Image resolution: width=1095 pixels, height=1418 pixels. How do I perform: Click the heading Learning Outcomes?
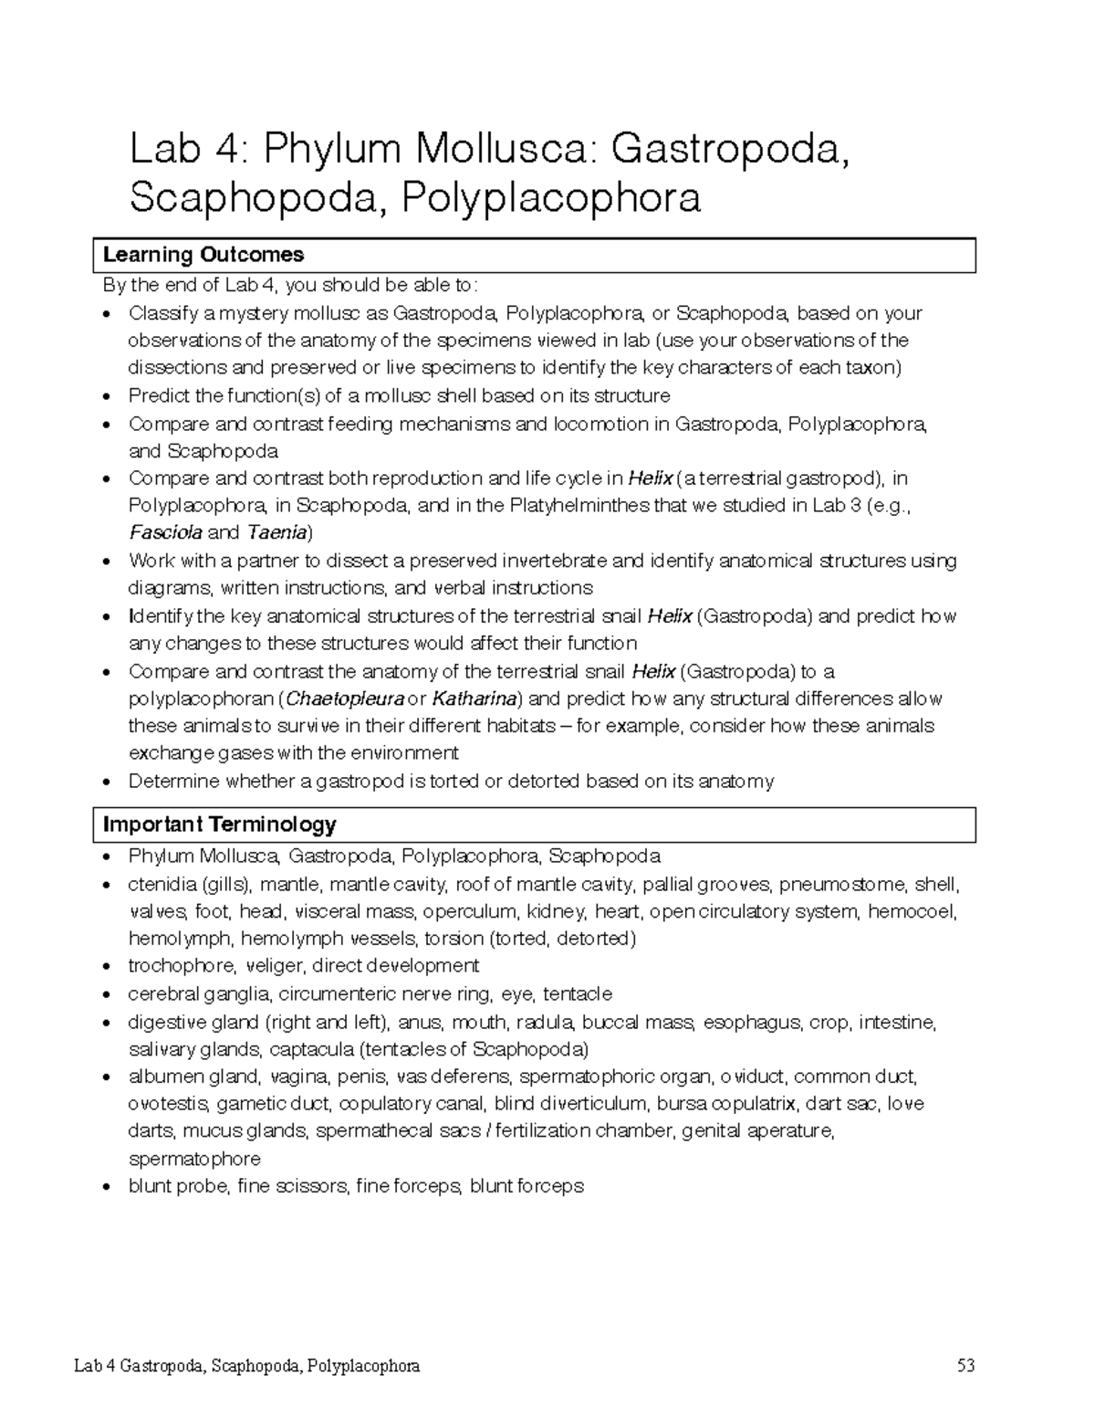[x=203, y=255]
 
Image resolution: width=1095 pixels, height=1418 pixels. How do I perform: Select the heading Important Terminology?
[x=219, y=825]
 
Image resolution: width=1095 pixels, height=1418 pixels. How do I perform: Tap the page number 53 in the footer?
[x=965, y=1366]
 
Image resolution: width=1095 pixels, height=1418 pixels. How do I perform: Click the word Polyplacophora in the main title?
[x=551, y=197]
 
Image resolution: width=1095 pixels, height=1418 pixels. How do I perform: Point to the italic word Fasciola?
[x=165, y=532]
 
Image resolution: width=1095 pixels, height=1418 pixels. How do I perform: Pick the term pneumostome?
[x=835, y=884]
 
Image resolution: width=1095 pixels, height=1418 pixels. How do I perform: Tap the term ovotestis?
[x=171, y=1103]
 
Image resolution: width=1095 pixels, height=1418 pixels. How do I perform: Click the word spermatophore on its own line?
[x=194, y=1159]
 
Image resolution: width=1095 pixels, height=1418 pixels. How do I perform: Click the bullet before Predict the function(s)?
[x=109, y=396]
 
